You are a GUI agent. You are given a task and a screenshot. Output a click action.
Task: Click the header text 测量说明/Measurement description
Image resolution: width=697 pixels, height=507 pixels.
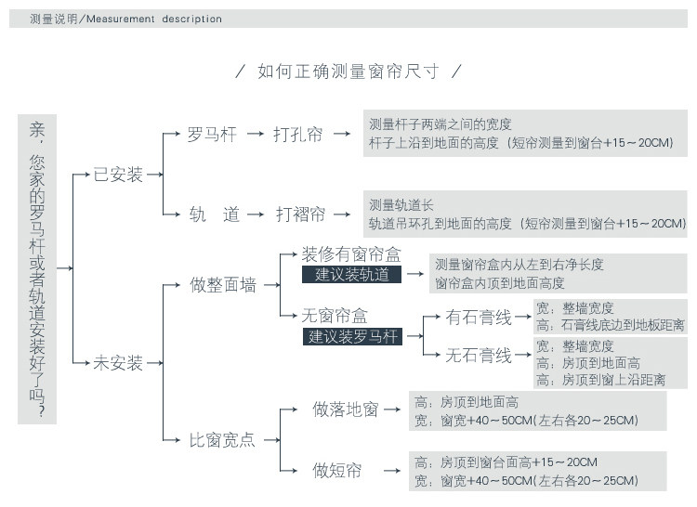(x=125, y=19)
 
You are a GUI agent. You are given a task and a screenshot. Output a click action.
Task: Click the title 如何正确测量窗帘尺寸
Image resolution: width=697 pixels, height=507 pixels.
(x=348, y=71)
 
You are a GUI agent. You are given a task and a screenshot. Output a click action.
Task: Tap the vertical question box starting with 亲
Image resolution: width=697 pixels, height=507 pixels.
(x=37, y=269)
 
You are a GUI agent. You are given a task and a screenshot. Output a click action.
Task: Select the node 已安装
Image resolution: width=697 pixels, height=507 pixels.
(x=118, y=175)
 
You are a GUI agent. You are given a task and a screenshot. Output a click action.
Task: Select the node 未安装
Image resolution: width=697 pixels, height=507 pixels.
(x=118, y=363)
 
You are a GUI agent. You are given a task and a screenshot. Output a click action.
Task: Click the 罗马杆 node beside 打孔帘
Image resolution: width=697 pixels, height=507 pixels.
(x=212, y=135)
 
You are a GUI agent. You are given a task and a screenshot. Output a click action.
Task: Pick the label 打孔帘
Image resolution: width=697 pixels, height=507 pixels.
(x=298, y=135)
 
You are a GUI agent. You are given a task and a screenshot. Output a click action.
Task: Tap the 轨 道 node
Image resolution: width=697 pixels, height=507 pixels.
(x=215, y=214)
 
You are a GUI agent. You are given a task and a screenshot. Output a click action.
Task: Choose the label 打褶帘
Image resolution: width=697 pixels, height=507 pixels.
(x=300, y=214)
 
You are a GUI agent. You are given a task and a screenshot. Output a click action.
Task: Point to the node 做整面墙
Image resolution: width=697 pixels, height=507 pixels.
(x=223, y=285)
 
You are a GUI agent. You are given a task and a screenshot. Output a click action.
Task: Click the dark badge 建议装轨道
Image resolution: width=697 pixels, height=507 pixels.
(x=351, y=274)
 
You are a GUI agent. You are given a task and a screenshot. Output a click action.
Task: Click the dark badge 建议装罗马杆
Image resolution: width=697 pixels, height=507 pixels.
(x=353, y=336)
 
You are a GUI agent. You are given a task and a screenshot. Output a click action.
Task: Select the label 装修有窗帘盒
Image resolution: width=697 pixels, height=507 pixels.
(x=351, y=254)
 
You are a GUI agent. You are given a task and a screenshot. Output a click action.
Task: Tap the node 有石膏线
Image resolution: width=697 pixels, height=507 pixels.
(x=479, y=318)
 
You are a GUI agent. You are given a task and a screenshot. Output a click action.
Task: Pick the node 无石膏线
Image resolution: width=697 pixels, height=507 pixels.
(x=479, y=355)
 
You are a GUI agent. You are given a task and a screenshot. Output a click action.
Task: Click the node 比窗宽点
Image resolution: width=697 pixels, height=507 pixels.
(x=223, y=439)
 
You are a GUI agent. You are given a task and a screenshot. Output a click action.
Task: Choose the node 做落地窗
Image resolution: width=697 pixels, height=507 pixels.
(x=346, y=409)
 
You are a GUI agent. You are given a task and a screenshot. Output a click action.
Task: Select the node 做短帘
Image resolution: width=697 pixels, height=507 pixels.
(x=337, y=470)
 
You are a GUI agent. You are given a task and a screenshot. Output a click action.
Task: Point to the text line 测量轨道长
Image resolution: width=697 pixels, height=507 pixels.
(x=401, y=205)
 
